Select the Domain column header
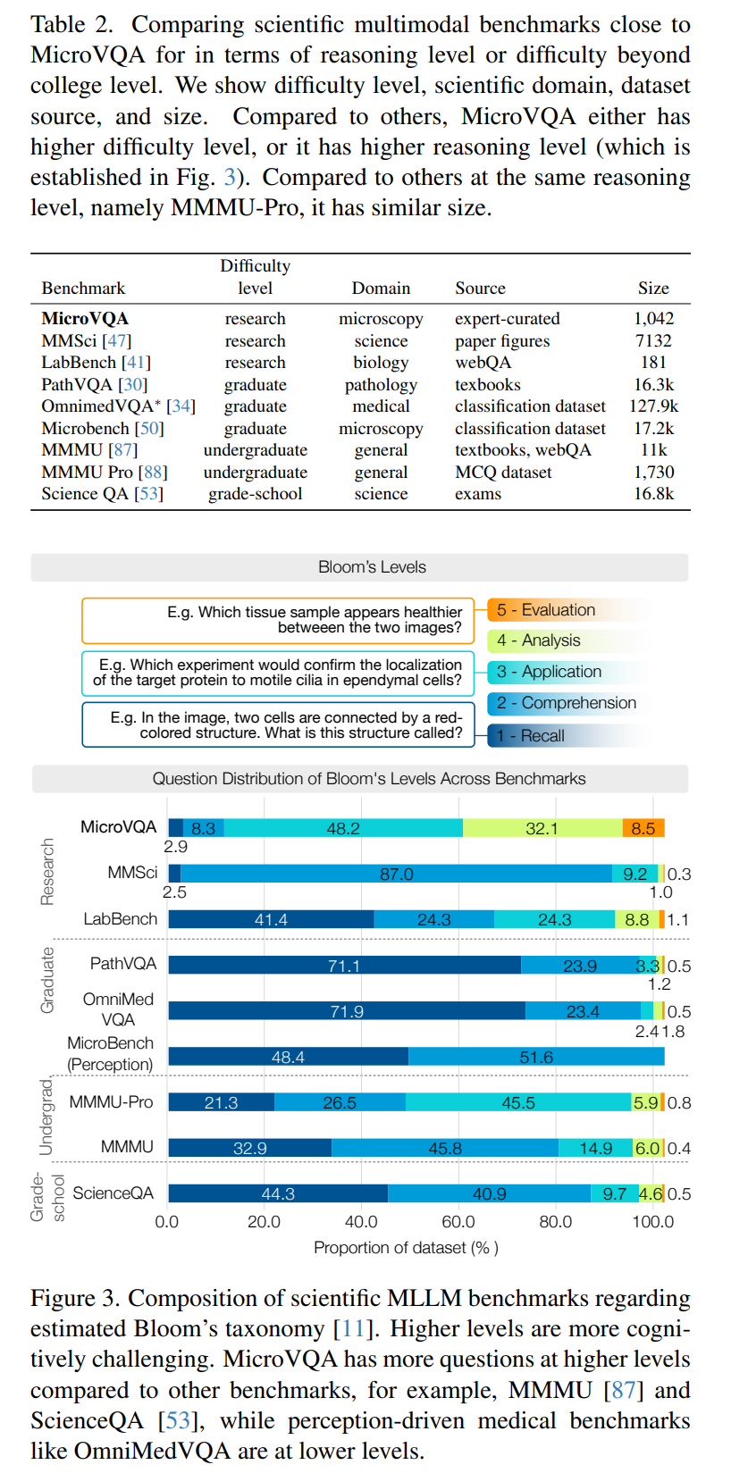[x=381, y=289]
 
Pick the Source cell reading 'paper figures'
[x=502, y=341]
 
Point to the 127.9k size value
[x=653, y=406]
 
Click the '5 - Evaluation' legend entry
[x=545, y=610]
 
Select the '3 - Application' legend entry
[x=549, y=672]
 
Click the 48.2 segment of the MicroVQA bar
[x=343, y=828]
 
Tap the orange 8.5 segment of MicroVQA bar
[x=643, y=828]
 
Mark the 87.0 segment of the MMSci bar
[x=396, y=874]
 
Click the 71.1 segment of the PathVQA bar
[x=344, y=966]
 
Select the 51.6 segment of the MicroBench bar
[x=536, y=1057]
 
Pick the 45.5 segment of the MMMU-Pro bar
[x=518, y=1102]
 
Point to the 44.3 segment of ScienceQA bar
[x=278, y=1193]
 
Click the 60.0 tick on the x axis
[x=458, y=1222]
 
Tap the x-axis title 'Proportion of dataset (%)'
[x=406, y=1248]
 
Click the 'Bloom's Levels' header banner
[x=372, y=567]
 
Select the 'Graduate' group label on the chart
[x=48, y=980]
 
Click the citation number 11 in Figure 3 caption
[x=352, y=1329]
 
